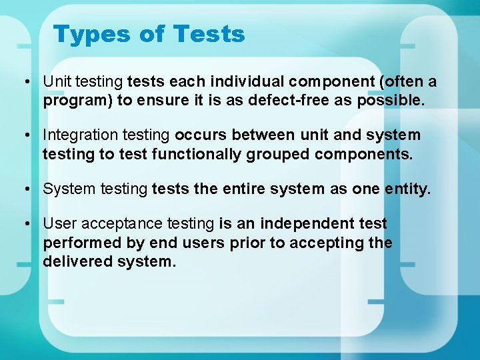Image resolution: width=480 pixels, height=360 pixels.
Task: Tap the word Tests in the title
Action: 209,34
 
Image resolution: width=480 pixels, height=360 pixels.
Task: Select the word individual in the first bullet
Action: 247,81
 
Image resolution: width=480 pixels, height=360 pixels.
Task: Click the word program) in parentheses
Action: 71,101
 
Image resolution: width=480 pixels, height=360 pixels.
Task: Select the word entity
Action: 408,189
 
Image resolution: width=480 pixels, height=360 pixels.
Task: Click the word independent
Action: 304,223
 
